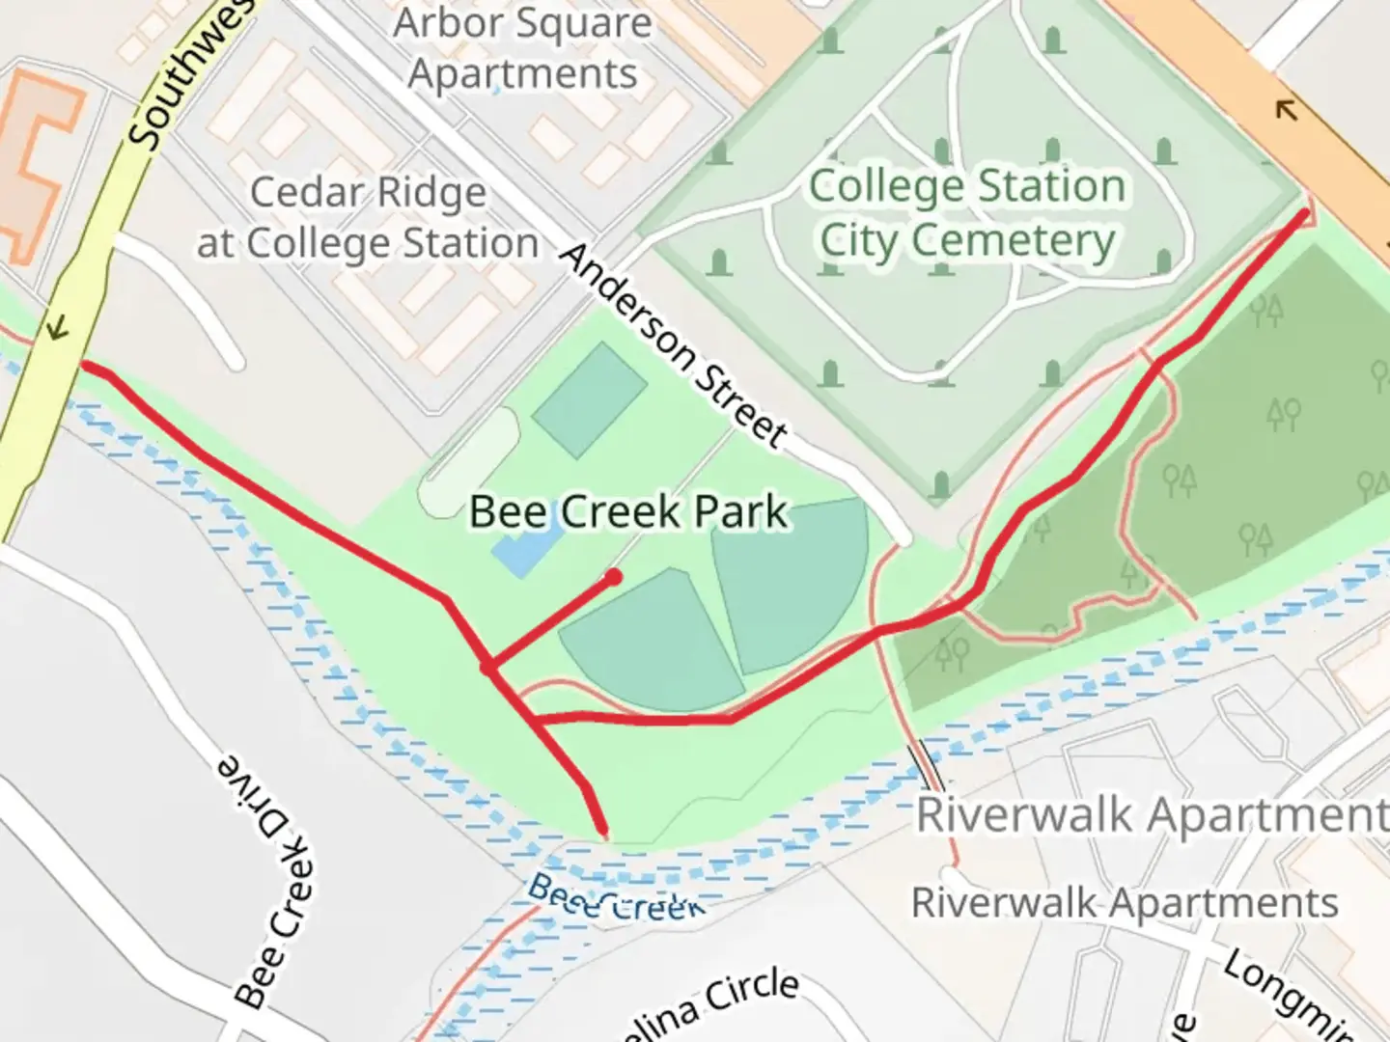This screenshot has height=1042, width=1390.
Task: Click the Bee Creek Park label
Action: pyautogui.click(x=628, y=511)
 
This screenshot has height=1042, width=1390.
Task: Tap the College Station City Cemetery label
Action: pyautogui.click(x=967, y=213)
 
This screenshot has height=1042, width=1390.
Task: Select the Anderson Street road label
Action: pyautogui.click(x=673, y=344)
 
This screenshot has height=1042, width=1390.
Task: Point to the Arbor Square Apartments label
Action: pyautogui.click(x=522, y=48)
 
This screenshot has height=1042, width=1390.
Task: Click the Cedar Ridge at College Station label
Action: pyautogui.click(x=368, y=218)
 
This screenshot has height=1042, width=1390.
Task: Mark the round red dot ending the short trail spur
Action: pyautogui.click(x=613, y=577)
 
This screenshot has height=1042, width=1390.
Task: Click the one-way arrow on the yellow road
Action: pyautogui.click(x=58, y=329)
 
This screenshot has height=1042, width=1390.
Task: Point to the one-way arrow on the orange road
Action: pyautogui.click(x=1286, y=109)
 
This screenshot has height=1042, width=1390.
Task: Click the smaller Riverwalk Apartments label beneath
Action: pyautogui.click(x=1125, y=904)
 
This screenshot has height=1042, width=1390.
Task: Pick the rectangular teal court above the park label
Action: pyautogui.click(x=589, y=398)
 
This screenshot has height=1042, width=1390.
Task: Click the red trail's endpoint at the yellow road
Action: pyautogui.click(x=85, y=366)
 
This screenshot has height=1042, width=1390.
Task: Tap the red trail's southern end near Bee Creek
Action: pyautogui.click(x=603, y=830)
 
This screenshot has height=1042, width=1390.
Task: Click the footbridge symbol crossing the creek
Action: pyautogui.click(x=930, y=759)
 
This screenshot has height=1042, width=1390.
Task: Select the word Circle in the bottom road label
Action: pyautogui.click(x=752, y=991)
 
